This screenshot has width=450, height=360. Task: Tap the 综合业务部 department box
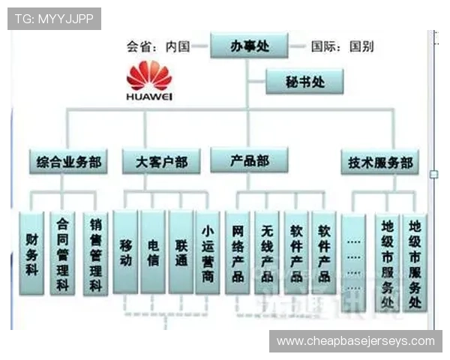(67, 161)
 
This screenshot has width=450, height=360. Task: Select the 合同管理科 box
(62, 253)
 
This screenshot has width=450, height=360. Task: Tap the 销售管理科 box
(95, 253)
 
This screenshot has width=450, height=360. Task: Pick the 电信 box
(152, 253)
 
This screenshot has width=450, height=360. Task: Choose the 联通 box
(181, 253)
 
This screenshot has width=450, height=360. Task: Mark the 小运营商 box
(208, 253)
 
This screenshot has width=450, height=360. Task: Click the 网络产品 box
(238, 253)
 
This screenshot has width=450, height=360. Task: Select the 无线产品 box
(266, 253)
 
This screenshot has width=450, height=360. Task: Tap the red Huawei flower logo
(149, 76)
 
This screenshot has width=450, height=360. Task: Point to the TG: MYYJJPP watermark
(54, 18)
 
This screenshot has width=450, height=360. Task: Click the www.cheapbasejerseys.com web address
(355, 341)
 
